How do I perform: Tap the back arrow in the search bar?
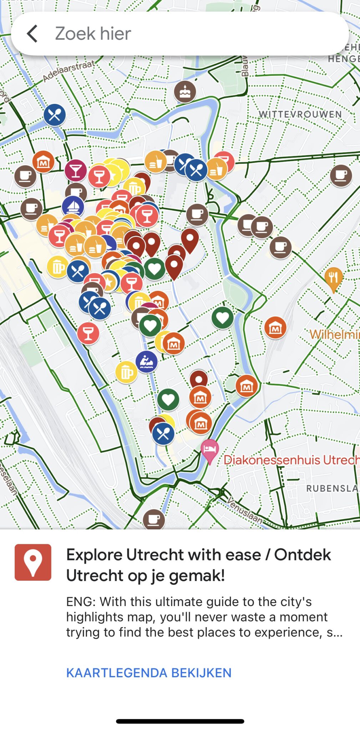pos(32,34)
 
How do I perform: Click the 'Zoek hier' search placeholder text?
pos(93,34)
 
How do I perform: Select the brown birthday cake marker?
pos(185,91)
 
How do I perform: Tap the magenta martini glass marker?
pos(76,171)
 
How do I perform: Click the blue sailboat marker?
pos(73,206)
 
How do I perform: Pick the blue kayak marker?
pos(147,362)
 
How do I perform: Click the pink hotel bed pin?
pos(210,450)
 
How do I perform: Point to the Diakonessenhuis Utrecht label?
pos(291,460)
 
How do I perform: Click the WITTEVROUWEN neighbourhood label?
pos(300,114)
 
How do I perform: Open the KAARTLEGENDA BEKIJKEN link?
pos(149,673)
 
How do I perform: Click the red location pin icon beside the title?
pos(33,562)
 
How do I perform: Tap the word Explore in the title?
pos(94,555)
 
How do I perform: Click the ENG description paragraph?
pos(204,617)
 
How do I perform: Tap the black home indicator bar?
pos(180,721)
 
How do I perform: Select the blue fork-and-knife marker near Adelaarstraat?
pos(55,115)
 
